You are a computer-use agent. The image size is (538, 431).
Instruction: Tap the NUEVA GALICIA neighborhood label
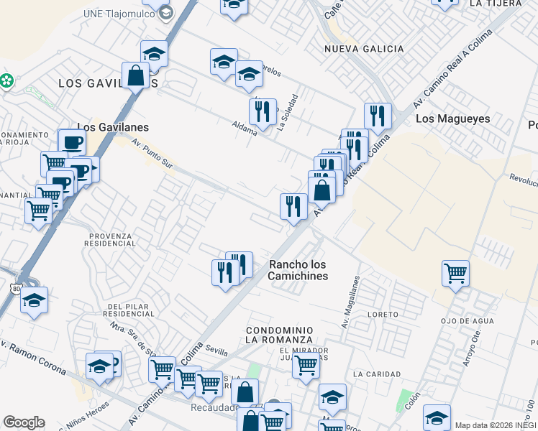tap(364, 49)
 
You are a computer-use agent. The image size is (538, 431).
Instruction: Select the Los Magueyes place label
tap(452, 119)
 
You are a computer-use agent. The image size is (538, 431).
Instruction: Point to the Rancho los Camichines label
tap(298, 269)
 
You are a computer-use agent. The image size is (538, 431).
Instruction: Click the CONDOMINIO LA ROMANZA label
tap(279, 334)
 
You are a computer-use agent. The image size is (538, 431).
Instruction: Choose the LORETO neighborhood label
tap(382, 315)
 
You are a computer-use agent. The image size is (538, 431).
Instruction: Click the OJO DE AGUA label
tap(466, 320)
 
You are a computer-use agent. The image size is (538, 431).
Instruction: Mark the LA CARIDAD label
tap(377, 374)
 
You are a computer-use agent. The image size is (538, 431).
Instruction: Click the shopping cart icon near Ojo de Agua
tap(455, 273)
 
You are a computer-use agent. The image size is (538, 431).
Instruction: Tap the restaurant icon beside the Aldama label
tap(263, 111)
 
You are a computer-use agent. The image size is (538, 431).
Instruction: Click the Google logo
tap(24, 422)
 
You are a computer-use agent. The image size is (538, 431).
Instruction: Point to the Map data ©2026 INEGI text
tap(496, 425)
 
